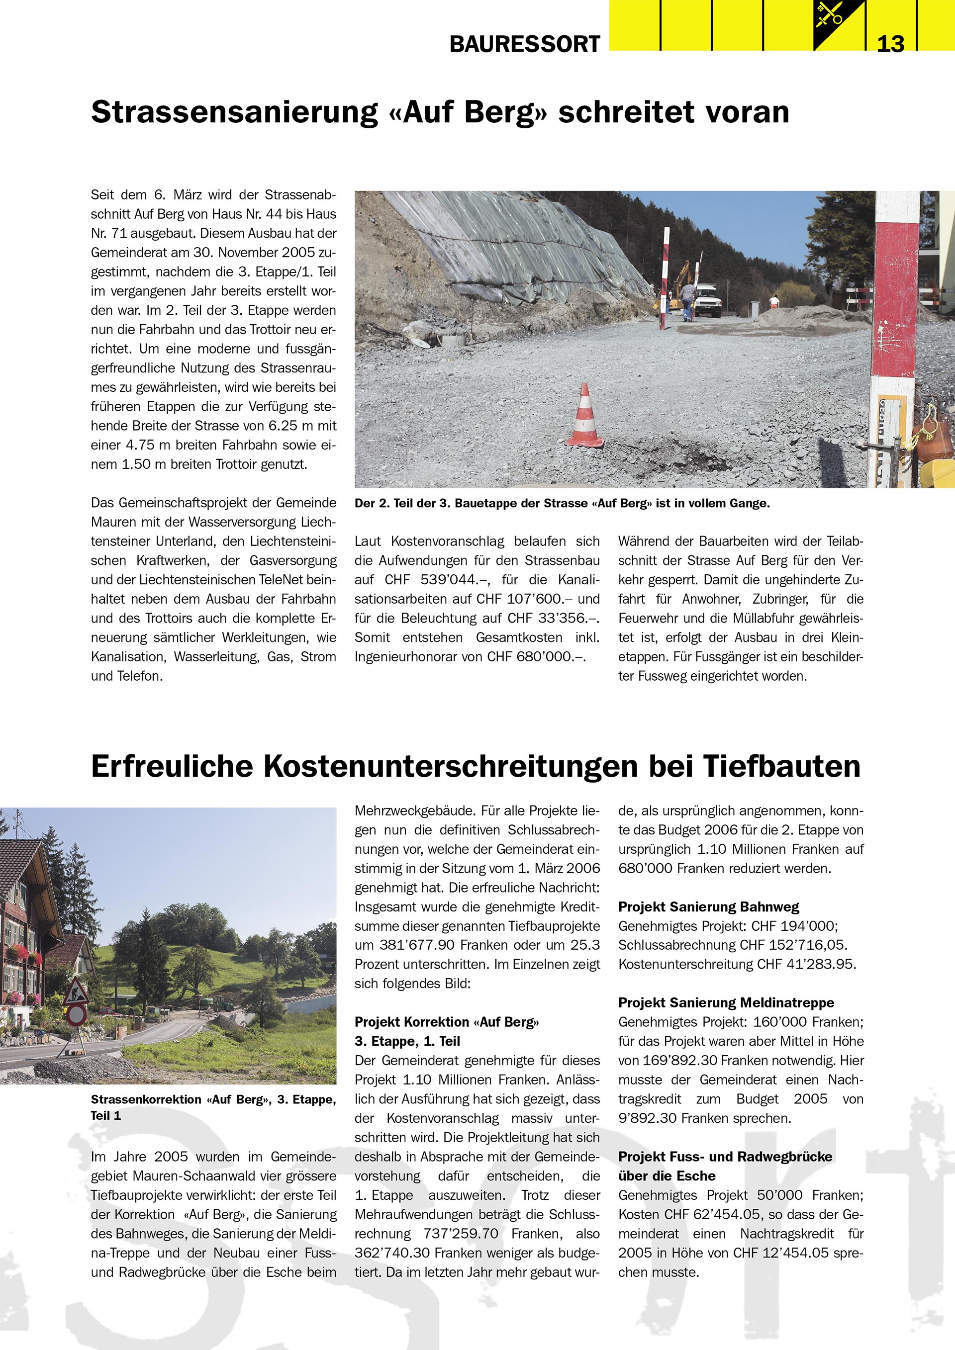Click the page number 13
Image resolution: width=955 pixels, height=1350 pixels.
(890, 44)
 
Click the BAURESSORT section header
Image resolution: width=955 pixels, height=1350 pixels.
(525, 44)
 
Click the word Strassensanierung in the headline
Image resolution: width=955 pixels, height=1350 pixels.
(234, 112)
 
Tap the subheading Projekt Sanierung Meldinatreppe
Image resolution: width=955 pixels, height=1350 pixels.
(726, 1002)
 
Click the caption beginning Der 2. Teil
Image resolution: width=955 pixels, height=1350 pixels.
(562, 503)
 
